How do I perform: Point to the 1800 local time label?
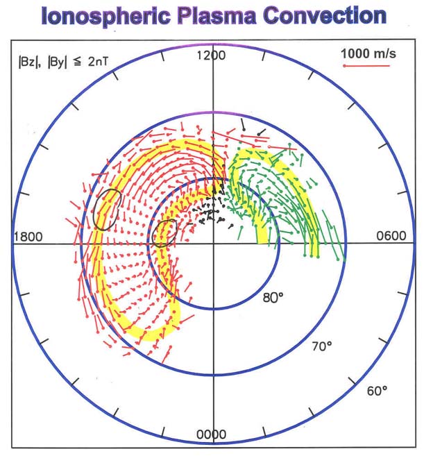[x=28, y=237]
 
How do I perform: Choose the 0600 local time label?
[x=391, y=237]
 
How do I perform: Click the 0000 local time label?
[x=211, y=434]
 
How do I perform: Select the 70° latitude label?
[x=321, y=346]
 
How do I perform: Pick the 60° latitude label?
[x=377, y=391]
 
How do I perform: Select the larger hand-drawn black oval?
[x=108, y=209]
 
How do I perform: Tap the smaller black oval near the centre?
[x=164, y=233]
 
